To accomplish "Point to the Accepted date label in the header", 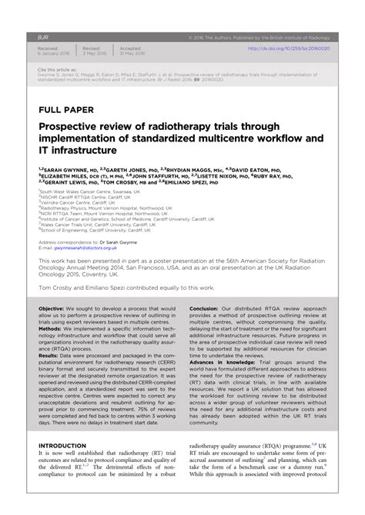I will point(130,48).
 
